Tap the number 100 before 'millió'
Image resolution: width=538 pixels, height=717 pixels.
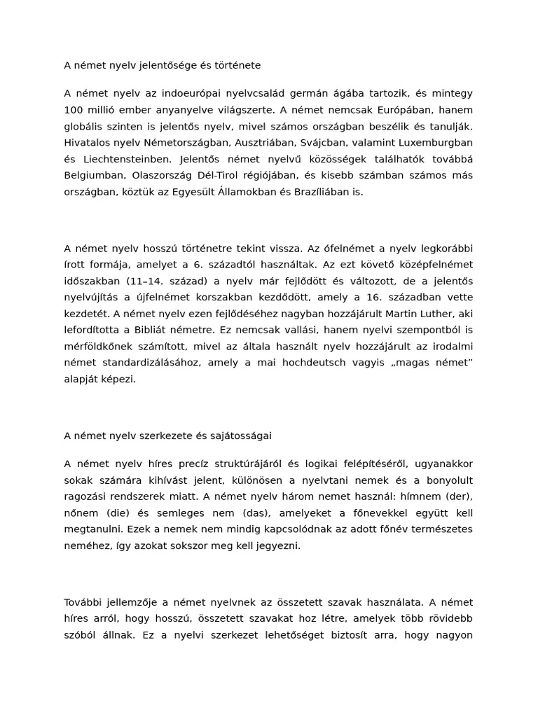click(74, 110)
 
